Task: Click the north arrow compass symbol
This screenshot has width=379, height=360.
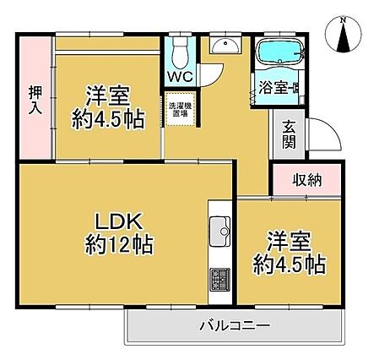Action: (x=343, y=35)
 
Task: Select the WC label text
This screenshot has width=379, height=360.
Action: (x=181, y=76)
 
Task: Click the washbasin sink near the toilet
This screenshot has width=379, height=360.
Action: (x=225, y=46)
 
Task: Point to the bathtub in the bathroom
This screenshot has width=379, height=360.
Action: (x=280, y=52)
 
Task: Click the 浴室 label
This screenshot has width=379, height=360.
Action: (x=273, y=88)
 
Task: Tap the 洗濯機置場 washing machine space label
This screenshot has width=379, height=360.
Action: (x=180, y=110)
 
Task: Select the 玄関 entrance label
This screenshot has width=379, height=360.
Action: (x=289, y=134)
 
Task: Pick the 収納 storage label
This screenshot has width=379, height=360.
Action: (x=306, y=180)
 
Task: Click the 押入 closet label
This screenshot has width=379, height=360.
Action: (x=35, y=101)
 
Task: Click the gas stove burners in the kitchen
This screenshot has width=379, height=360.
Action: (x=220, y=280)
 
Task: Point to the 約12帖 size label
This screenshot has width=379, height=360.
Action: (x=119, y=244)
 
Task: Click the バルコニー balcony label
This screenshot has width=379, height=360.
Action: (x=235, y=326)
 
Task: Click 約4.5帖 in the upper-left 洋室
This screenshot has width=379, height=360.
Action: (x=108, y=119)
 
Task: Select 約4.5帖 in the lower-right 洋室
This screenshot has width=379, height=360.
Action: (x=290, y=265)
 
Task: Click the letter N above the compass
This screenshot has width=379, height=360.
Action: (x=343, y=20)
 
